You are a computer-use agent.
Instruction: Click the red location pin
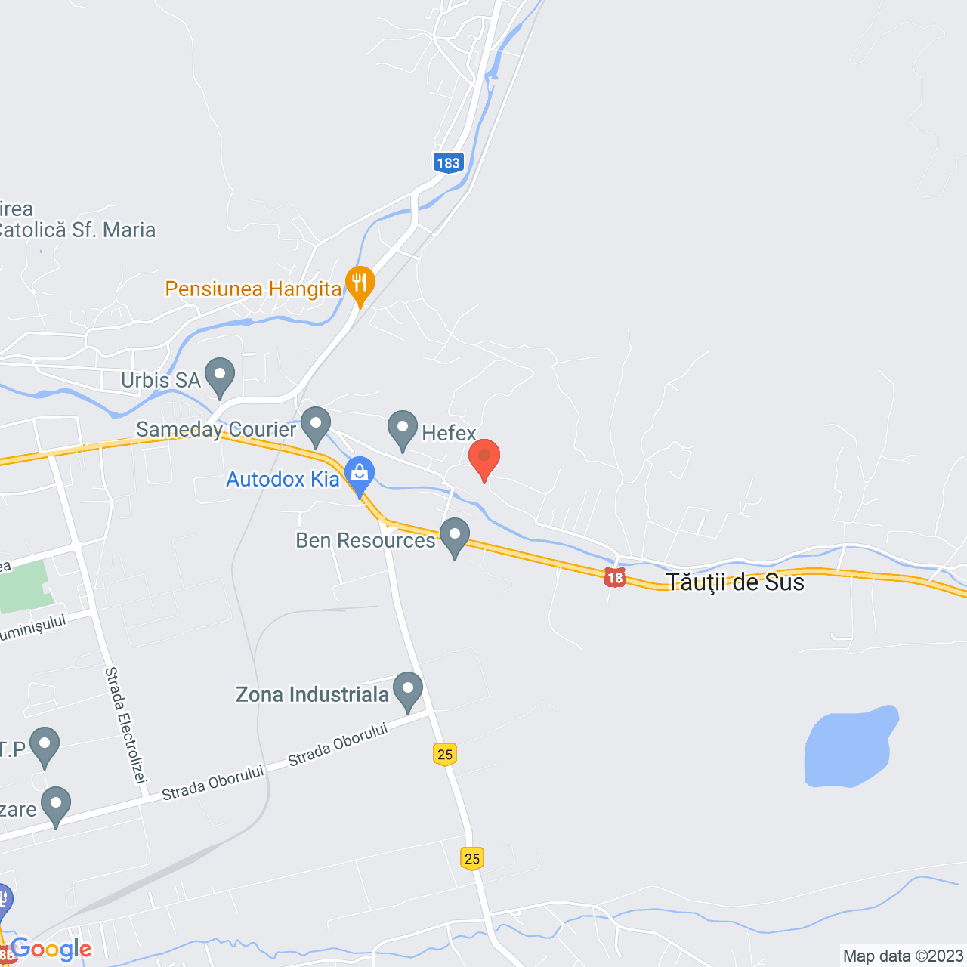point(484,457)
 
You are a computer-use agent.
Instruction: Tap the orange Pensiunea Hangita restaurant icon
point(360,284)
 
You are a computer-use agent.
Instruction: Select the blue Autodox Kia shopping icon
point(360,474)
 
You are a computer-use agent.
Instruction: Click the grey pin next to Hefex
point(403,428)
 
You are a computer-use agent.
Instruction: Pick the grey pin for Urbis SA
point(220,375)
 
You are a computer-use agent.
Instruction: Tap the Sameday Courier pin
point(316,425)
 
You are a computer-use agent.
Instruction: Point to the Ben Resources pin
point(455,536)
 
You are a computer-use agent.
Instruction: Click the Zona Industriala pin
point(408,690)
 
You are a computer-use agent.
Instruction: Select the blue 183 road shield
point(448,162)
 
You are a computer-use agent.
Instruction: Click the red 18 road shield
point(615,578)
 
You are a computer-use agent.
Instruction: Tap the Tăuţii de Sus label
point(735,582)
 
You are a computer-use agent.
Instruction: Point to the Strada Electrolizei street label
point(125,724)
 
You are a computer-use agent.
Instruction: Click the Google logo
point(51,950)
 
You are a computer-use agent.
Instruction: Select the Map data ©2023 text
point(903,956)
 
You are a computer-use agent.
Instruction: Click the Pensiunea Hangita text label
point(253,289)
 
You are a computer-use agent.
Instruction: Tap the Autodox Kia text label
point(283,479)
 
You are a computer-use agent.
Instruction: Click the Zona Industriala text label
point(312,694)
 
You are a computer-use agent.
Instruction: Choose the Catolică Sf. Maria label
point(76,230)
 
